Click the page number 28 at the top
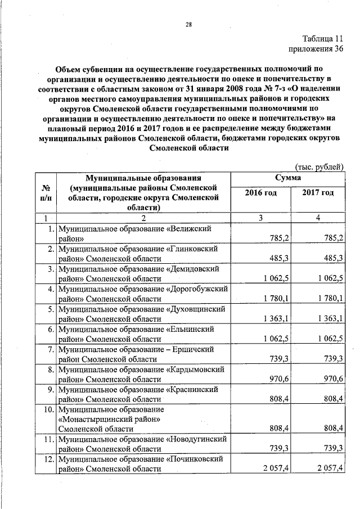188,24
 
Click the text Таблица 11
322,39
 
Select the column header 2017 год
318,193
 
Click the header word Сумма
289,178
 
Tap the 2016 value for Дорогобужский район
275,299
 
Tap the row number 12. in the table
48,460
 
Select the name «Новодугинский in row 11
196,439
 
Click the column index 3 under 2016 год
262,218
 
